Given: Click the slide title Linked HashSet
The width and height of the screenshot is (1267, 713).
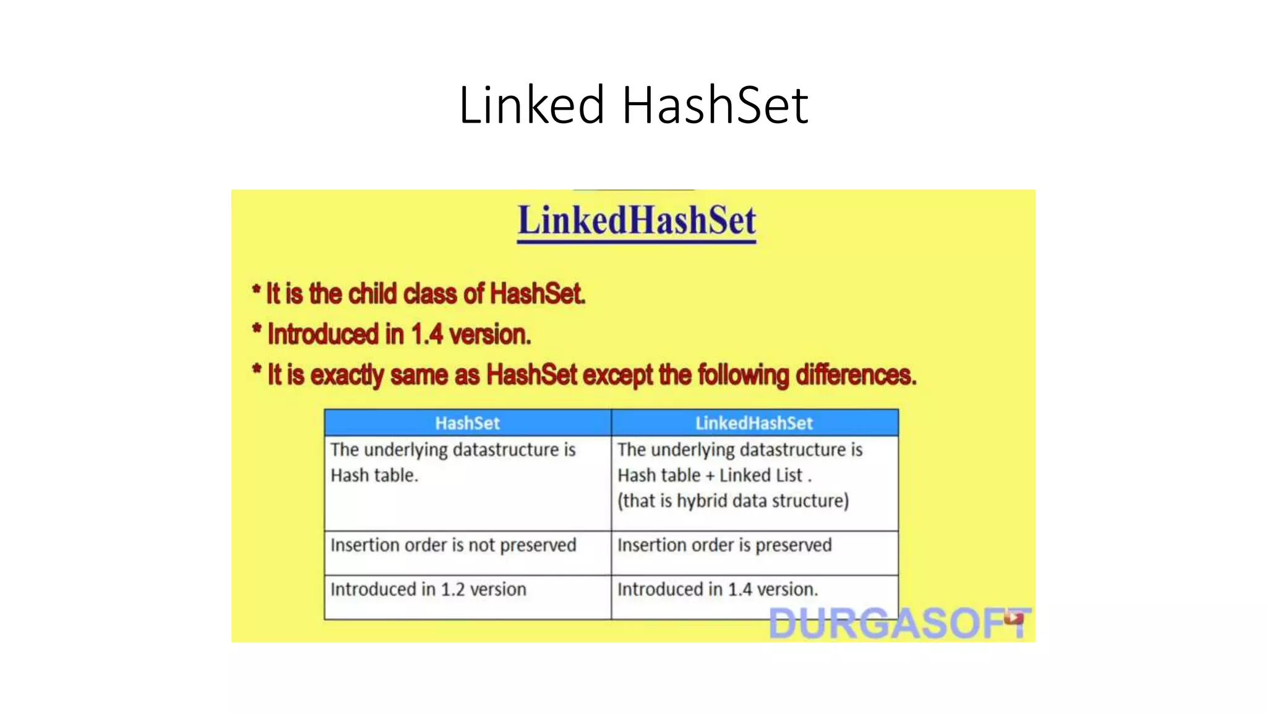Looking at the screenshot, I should pos(633,105).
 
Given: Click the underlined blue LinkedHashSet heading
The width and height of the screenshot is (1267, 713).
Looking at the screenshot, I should pos(637,221).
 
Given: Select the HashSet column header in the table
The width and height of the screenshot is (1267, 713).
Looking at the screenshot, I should pos(467,423).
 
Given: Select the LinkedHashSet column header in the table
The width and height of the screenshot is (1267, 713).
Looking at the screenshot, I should pos(754,423).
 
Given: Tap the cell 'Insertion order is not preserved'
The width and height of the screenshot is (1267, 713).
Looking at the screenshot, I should pos(453,545).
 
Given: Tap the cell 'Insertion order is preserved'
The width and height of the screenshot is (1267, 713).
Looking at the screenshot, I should pos(724,545).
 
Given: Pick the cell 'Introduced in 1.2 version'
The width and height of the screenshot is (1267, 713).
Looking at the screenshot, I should pos(428,589).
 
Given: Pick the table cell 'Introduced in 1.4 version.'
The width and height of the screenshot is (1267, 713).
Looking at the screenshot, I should pos(718,589).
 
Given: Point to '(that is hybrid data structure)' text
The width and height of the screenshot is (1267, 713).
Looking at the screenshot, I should pos(733,501).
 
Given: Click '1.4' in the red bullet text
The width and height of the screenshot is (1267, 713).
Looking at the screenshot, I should pos(427,335).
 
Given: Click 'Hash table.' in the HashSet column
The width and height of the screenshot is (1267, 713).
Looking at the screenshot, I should pos(374,475).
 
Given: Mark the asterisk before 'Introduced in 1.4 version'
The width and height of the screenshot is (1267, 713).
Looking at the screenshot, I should pos(257,329).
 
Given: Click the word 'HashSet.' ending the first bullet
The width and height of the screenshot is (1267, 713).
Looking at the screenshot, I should pos(537,293).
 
